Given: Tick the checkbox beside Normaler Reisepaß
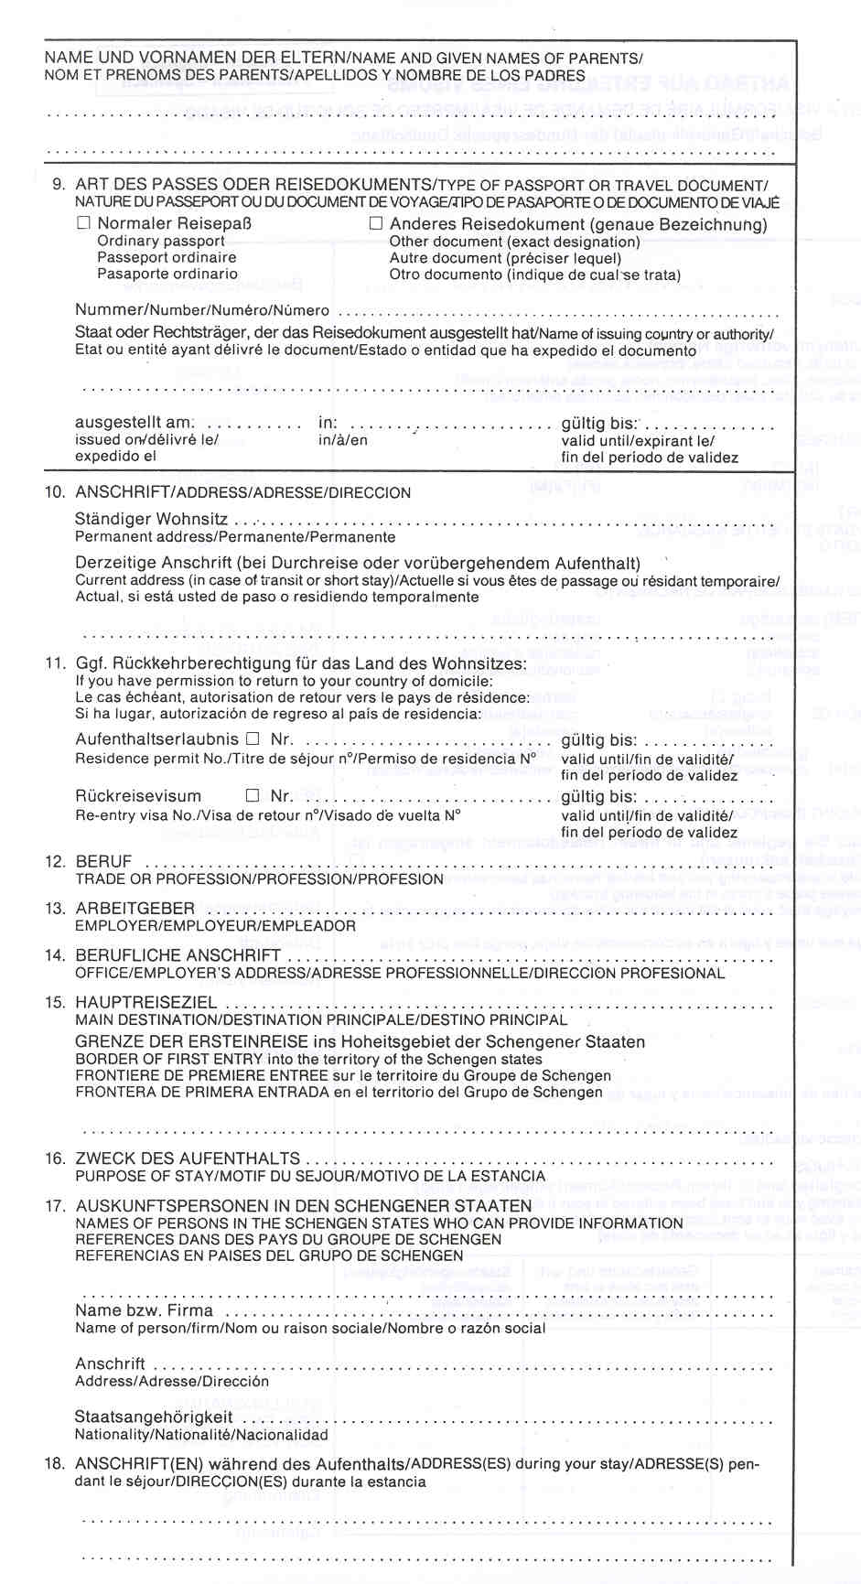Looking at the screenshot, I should [84, 223].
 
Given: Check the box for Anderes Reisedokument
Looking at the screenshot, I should [375, 223].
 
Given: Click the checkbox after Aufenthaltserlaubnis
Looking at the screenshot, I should [253, 738].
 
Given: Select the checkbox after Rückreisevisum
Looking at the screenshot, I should [253, 796].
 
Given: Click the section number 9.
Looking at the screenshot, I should [59, 184].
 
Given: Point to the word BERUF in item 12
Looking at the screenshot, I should [103, 862].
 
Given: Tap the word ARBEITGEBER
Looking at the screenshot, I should [135, 909].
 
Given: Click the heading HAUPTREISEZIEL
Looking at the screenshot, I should [145, 1003].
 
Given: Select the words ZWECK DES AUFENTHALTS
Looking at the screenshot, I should [188, 1158].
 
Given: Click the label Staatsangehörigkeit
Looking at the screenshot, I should [154, 1417].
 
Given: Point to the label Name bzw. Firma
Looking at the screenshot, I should [144, 1310].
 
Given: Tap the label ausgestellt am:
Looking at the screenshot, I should [135, 423].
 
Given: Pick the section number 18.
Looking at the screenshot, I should [55, 1463].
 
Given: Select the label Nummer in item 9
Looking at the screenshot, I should [111, 310].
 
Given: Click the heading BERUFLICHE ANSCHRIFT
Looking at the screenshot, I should [178, 956].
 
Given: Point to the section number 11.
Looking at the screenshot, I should [55, 663].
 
